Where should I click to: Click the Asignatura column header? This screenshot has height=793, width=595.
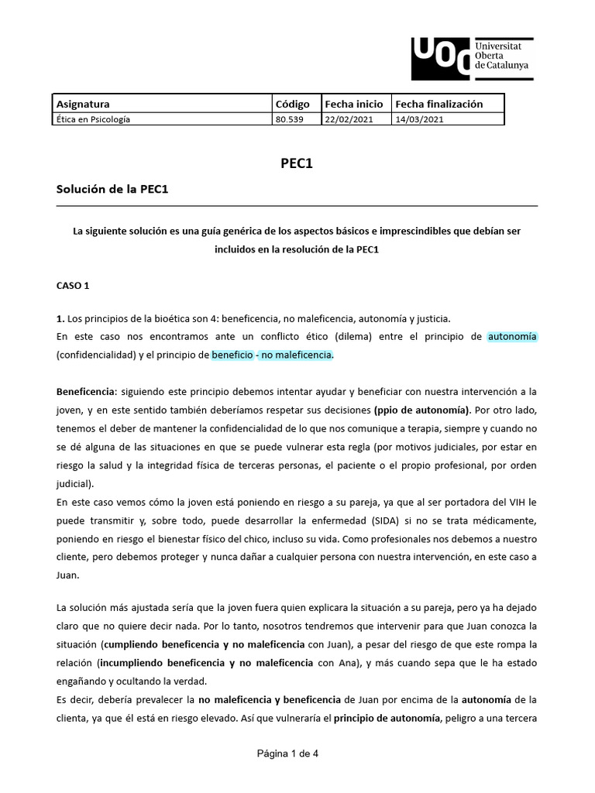click(x=84, y=104)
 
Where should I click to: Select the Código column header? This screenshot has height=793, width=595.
click(x=292, y=104)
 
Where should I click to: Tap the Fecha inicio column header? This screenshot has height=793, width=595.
click(x=353, y=104)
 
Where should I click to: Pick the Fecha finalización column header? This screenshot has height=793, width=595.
click(x=439, y=104)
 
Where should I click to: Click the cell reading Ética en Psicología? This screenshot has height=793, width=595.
click(x=94, y=119)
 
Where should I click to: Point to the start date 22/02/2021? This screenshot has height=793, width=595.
click(x=349, y=119)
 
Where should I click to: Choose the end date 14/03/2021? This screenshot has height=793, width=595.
click(x=418, y=119)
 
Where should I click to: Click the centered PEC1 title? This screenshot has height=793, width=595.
click(x=297, y=164)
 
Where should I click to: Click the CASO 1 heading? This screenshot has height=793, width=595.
click(x=74, y=285)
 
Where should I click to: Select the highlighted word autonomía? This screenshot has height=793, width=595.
click(x=512, y=336)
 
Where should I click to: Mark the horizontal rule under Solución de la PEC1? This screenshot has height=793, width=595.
click(x=297, y=206)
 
